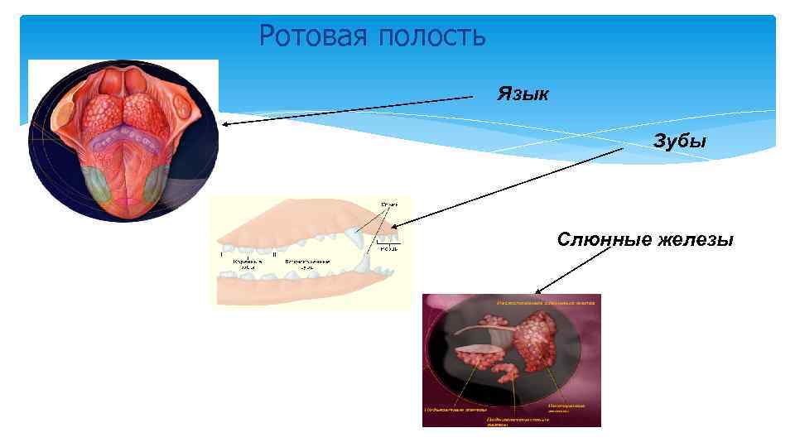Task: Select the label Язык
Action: [x=523, y=93]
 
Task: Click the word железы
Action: [x=696, y=240]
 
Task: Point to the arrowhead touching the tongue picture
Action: [x=224, y=125]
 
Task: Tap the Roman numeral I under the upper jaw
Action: [x=222, y=255]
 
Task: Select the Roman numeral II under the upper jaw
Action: [x=274, y=255]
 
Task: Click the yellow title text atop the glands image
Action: [x=546, y=304]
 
